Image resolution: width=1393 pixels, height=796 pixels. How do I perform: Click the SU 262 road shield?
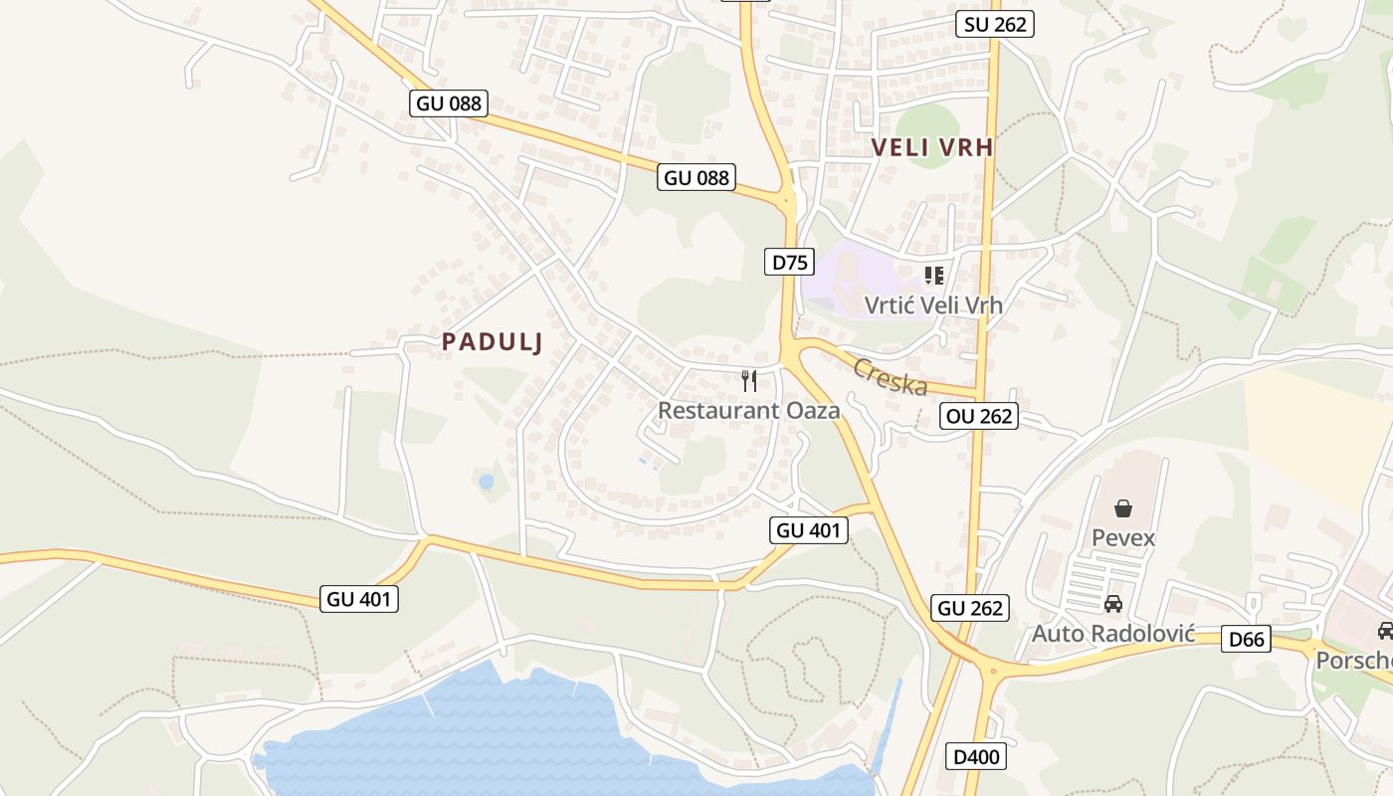coord(995,24)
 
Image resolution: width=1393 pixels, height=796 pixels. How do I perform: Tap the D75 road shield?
coord(790,262)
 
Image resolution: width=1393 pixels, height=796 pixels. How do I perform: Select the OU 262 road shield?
coord(980,416)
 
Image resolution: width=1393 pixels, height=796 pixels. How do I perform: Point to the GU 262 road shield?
coord(971,608)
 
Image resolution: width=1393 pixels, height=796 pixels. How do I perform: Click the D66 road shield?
coord(1246,639)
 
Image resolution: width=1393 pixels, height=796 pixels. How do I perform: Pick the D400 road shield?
coord(975,757)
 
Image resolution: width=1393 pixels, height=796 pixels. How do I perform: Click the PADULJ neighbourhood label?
coord(493,341)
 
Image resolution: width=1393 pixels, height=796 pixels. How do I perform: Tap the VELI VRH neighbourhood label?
coord(932,148)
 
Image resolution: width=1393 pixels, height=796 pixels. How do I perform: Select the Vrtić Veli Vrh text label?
coord(933,305)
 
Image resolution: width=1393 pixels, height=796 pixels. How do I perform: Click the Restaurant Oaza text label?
coord(749,410)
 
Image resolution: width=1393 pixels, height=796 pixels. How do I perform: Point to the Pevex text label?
coord(1123,538)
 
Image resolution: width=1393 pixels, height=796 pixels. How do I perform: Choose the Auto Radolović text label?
coord(1113,634)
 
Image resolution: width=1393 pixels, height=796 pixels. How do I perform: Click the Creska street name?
coord(890,377)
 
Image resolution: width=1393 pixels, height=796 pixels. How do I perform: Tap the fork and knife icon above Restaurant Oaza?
coord(749,380)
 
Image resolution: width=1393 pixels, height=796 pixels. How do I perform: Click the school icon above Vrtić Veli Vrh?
coord(933,275)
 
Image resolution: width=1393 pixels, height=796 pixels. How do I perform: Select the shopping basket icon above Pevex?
coord(1123,508)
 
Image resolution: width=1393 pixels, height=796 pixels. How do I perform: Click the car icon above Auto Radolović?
coord(1113,604)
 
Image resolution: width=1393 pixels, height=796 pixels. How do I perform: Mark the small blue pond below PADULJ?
coord(486,482)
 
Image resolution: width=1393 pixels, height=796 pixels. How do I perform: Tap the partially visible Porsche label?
coord(1355,661)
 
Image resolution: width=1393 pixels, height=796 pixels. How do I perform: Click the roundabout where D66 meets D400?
coord(993,671)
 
